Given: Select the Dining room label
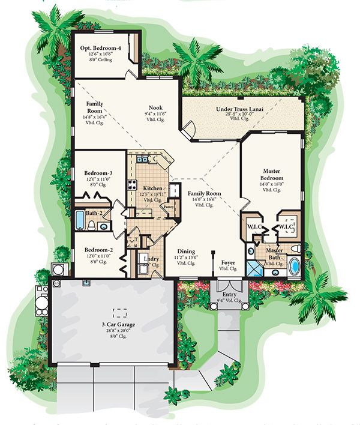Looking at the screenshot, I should pyautogui.click(x=187, y=252).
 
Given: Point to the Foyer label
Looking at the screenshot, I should pyautogui.click(x=229, y=263).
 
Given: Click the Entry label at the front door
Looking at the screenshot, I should pyautogui.click(x=230, y=294).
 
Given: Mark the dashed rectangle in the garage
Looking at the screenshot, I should pyautogui.click(x=121, y=312).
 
